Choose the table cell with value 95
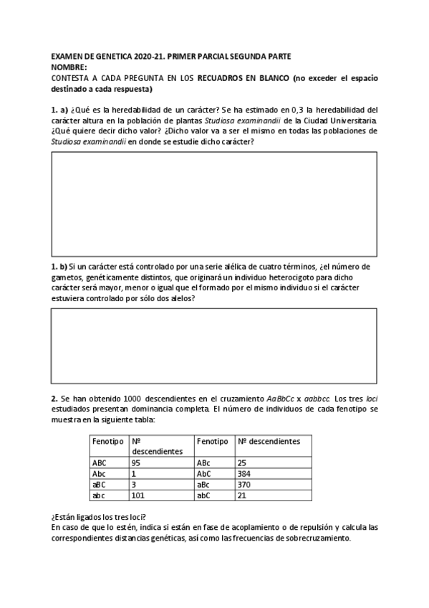(x=136, y=463)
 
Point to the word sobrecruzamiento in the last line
(x=317, y=538)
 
